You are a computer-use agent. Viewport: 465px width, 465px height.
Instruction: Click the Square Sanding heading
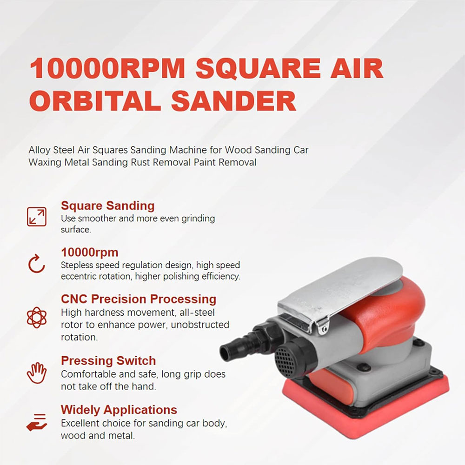coord(108,206)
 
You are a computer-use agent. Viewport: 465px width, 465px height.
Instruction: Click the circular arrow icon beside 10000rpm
coord(36,264)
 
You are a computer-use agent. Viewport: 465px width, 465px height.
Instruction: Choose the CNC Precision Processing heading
coord(139,299)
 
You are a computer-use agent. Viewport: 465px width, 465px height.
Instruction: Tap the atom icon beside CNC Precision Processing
coord(36,318)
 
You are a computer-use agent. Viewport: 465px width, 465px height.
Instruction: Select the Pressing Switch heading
coord(108,360)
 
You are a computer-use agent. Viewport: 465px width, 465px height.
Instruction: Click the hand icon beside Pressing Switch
coord(36,372)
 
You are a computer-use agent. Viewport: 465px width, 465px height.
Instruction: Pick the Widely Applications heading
coord(119,410)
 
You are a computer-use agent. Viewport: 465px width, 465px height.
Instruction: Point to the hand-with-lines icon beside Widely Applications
coord(36,421)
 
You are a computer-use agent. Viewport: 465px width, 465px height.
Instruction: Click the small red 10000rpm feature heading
coord(90,252)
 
